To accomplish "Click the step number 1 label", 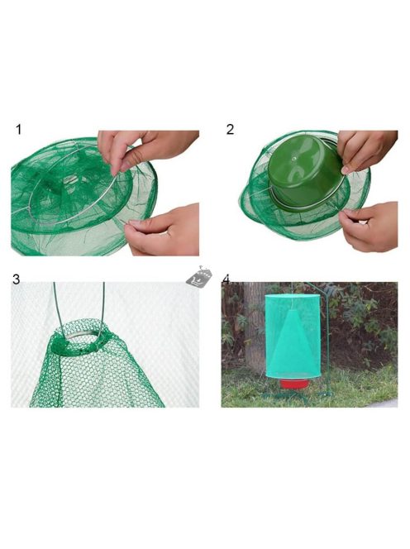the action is click(x=19, y=130).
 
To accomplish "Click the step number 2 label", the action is click(x=230, y=130).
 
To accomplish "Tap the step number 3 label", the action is click(x=16, y=279).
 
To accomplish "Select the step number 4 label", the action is click(x=226, y=279).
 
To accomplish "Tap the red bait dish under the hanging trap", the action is click(x=294, y=384).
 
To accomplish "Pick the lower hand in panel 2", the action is click(x=369, y=227).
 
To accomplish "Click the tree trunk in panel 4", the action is click(x=253, y=326).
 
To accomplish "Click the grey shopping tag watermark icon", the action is click(x=199, y=277).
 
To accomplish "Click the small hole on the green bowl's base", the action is click(x=294, y=159).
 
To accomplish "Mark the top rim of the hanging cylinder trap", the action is click(x=293, y=296).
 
